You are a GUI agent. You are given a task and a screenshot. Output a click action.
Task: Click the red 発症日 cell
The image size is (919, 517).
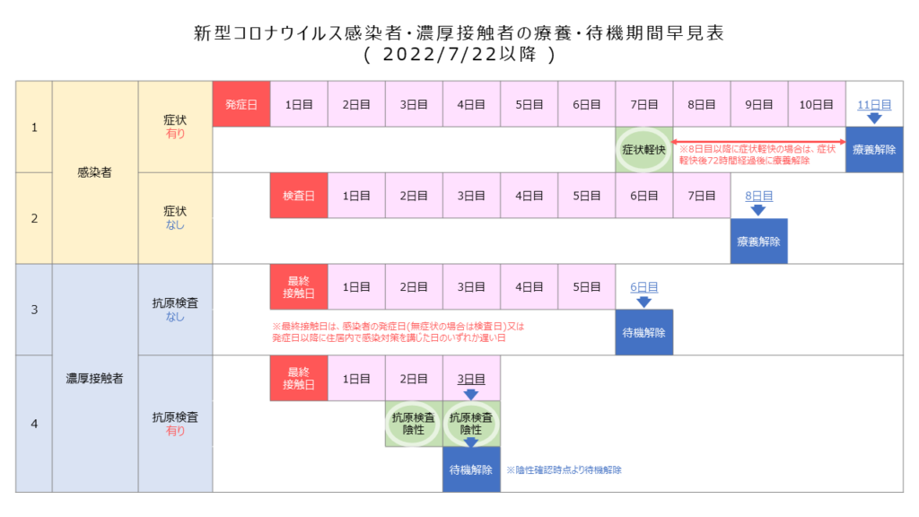241,104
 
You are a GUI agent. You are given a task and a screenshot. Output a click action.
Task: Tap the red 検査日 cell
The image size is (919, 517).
298,196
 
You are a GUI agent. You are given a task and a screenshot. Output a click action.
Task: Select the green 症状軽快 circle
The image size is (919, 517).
643,150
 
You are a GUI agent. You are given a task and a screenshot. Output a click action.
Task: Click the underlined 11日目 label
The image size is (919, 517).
874,104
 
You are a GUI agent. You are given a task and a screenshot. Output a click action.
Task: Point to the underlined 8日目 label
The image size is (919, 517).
758,196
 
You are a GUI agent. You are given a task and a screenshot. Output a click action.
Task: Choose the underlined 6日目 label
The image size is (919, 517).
643,286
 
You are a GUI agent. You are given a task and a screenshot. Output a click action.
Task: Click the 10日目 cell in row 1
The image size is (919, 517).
817,104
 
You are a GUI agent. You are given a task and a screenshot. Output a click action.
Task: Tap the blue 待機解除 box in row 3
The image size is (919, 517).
643,332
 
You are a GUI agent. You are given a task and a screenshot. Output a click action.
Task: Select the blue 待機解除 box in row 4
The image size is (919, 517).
471,469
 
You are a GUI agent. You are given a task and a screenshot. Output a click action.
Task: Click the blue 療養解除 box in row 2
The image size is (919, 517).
758,241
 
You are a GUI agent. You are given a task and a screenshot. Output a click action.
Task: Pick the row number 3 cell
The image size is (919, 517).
34,310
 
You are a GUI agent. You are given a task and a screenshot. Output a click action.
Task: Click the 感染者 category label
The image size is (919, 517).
94,172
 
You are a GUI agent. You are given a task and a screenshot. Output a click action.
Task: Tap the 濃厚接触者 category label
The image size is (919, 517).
94,378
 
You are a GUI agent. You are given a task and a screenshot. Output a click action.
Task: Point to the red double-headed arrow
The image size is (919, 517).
759,142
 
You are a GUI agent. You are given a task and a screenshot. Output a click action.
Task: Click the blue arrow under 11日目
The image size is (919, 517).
874,118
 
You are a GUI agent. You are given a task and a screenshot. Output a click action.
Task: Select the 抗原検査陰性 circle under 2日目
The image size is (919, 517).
413,424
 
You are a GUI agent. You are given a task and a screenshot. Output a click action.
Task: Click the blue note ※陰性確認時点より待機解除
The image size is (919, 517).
564,470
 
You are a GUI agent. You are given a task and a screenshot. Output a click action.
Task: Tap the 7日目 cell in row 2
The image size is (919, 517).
701,196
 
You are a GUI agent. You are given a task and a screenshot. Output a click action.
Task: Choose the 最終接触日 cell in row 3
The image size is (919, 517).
298,286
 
